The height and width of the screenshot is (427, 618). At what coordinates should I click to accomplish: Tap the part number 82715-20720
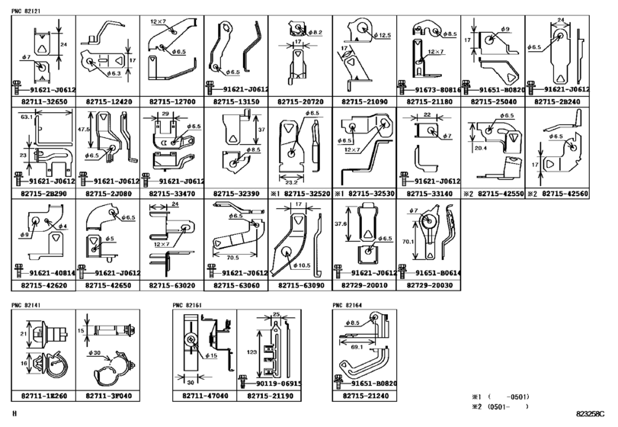298,101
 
